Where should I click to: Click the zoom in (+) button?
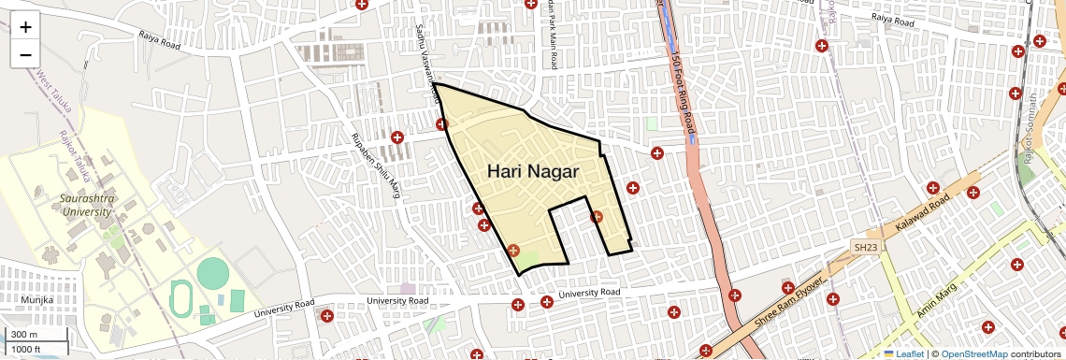[25, 26]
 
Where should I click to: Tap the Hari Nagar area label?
[533, 172]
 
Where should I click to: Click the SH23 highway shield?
[865, 247]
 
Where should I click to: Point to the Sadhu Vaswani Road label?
[427, 61]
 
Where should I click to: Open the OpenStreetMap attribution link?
[973, 353]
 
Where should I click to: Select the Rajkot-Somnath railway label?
[1030, 127]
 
